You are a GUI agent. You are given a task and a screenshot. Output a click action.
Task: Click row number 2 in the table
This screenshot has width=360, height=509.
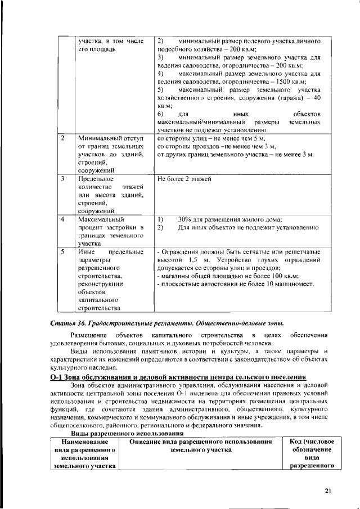tap(64, 138)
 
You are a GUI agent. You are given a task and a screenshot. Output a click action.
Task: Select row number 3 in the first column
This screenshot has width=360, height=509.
tap(64, 179)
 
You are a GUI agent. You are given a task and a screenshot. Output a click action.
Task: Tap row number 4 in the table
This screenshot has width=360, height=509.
tap(64, 219)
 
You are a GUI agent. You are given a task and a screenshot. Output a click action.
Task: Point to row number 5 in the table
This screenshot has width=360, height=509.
tap(64, 252)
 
